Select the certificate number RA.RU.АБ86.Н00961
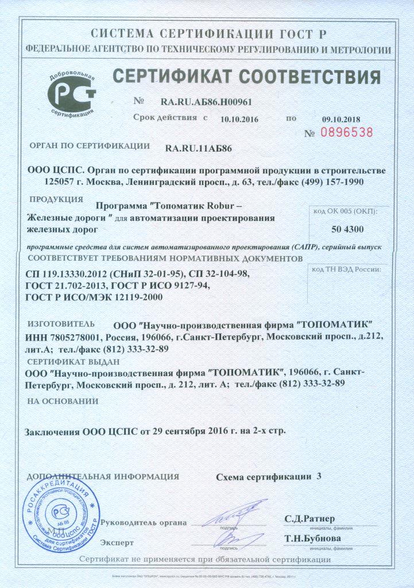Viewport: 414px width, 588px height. pos(206,102)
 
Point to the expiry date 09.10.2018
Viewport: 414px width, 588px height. pos(341,119)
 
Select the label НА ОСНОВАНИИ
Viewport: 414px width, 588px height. pos(63,401)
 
